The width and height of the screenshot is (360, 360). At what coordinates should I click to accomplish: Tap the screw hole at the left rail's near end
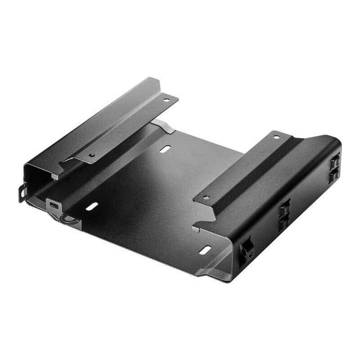91,156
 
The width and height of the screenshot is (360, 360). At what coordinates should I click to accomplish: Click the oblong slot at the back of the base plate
166,148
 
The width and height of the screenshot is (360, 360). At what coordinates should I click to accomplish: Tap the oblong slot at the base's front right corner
205,250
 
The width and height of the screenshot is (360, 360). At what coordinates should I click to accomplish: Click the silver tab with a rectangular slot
54,205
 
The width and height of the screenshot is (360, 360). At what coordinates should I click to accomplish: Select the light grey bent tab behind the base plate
164,126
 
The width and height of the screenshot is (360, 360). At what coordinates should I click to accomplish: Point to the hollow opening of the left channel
38,178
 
